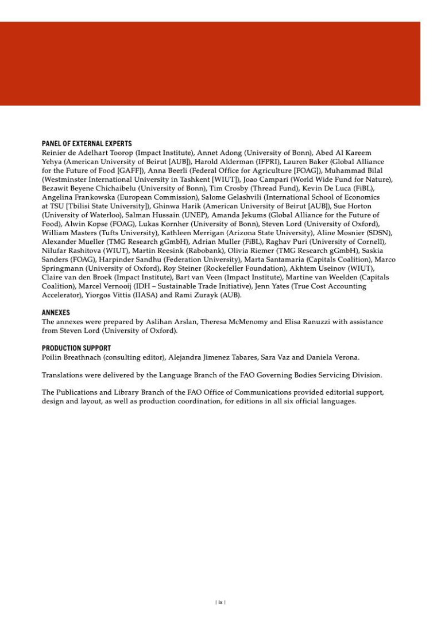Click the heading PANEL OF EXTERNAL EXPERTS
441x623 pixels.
point(87,144)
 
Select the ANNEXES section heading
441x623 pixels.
point(56,313)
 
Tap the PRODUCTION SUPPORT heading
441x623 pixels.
point(76,348)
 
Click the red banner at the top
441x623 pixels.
point(210,64)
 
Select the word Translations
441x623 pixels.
point(63,375)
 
